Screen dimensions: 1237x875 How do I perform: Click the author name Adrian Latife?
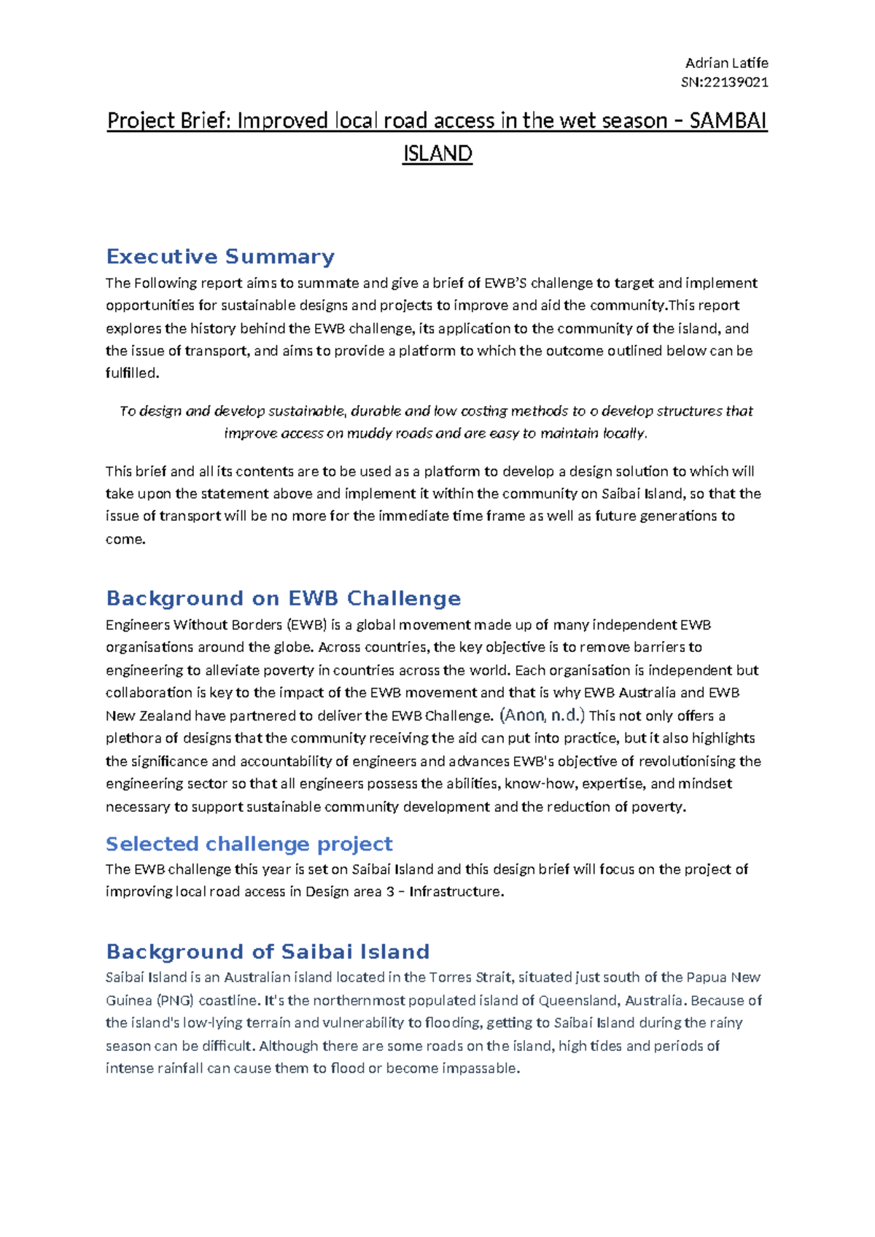click(x=726, y=63)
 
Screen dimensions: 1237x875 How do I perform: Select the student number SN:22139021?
click(x=724, y=82)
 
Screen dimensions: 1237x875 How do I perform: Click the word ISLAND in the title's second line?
click(x=437, y=153)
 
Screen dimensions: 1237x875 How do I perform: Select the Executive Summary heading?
click(x=220, y=257)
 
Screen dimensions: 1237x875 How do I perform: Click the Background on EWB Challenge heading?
click(x=283, y=598)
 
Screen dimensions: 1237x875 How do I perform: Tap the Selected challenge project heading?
click(x=249, y=844)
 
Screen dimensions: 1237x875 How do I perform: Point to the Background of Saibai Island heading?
click(x=268, y=952)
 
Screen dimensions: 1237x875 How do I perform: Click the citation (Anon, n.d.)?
click(x=542, y=715)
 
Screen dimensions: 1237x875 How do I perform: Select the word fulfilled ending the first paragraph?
click(x=131, y=373)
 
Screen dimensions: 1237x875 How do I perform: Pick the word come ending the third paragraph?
click(x=125, y=540)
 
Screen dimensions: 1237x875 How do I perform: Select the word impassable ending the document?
click(x=483, y=1069)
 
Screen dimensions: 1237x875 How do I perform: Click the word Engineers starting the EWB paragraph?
click(x=137, y=625)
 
